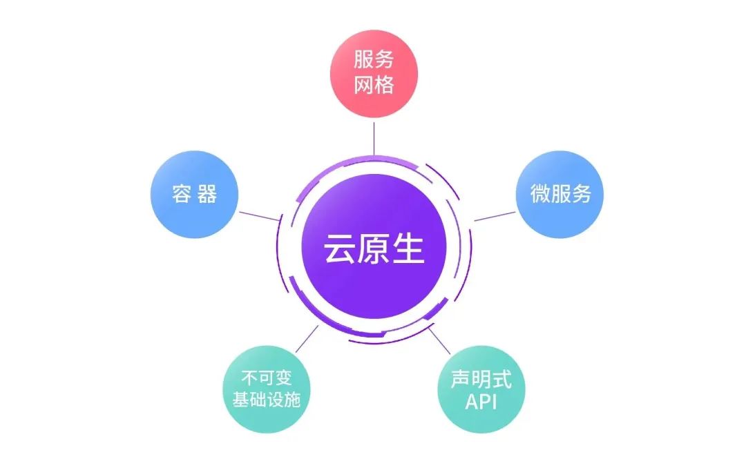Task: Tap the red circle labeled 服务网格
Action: click(374, 72)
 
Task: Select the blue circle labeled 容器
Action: click(194, 195)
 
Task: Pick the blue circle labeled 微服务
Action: click(560, 195)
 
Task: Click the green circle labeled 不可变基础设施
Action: click(266, 389)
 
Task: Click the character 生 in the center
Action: click(408, 250)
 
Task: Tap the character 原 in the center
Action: click(374, 250)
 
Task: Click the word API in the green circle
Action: click(481, 402)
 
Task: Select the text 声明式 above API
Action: click(481, 379)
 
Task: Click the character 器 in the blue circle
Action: click(207, 195)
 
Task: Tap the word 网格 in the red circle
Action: click(374, 85)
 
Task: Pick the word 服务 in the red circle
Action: click(374, 60)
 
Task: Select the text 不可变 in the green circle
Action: click(266, 378)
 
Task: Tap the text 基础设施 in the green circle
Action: click(266, 400)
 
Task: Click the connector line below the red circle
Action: click(374, 136)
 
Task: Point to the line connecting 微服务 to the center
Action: click(495, 216)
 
